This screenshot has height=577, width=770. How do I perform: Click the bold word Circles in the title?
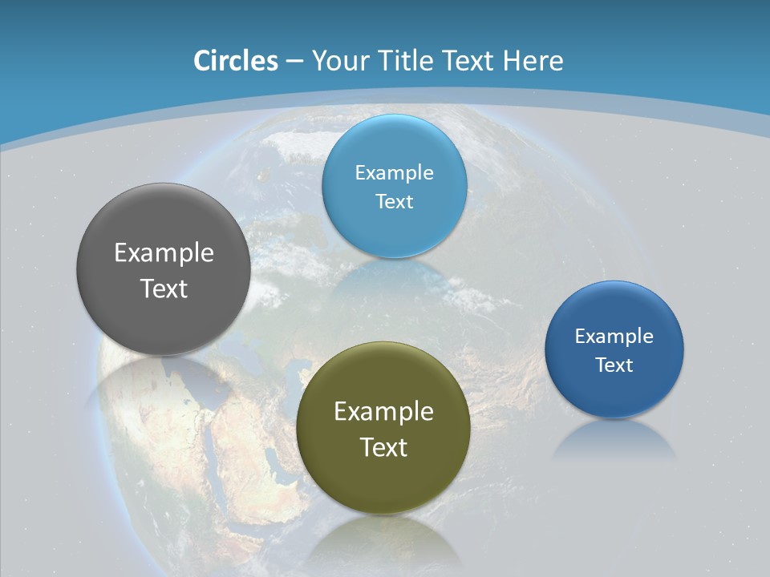pyautogui.click(x=236, y=61)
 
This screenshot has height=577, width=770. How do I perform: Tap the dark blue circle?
pyautogui.click(x=614, y=393)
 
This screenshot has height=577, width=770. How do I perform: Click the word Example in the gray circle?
pyautogui.click(x=164, y=253)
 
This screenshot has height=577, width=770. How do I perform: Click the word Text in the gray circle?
pyautogui.click(x=164, y=288)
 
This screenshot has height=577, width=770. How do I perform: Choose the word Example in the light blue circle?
pyautogui.click(x=395, y=173)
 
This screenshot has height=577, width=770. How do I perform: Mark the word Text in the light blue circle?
pyautogui.click(x=395, y=201)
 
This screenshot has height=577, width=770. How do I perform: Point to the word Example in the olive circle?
pyautogui.click(x=383, y=412)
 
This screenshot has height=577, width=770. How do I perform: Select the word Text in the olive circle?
pyautogui.click(x=383, y=447)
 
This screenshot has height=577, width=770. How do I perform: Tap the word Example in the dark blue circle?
pyautogui.click(x=614, y=337)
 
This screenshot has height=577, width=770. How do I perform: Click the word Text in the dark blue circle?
pyautogui.click(x=614, y=365)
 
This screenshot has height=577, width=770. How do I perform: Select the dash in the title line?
pyautogui.click(x=294, y=61)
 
